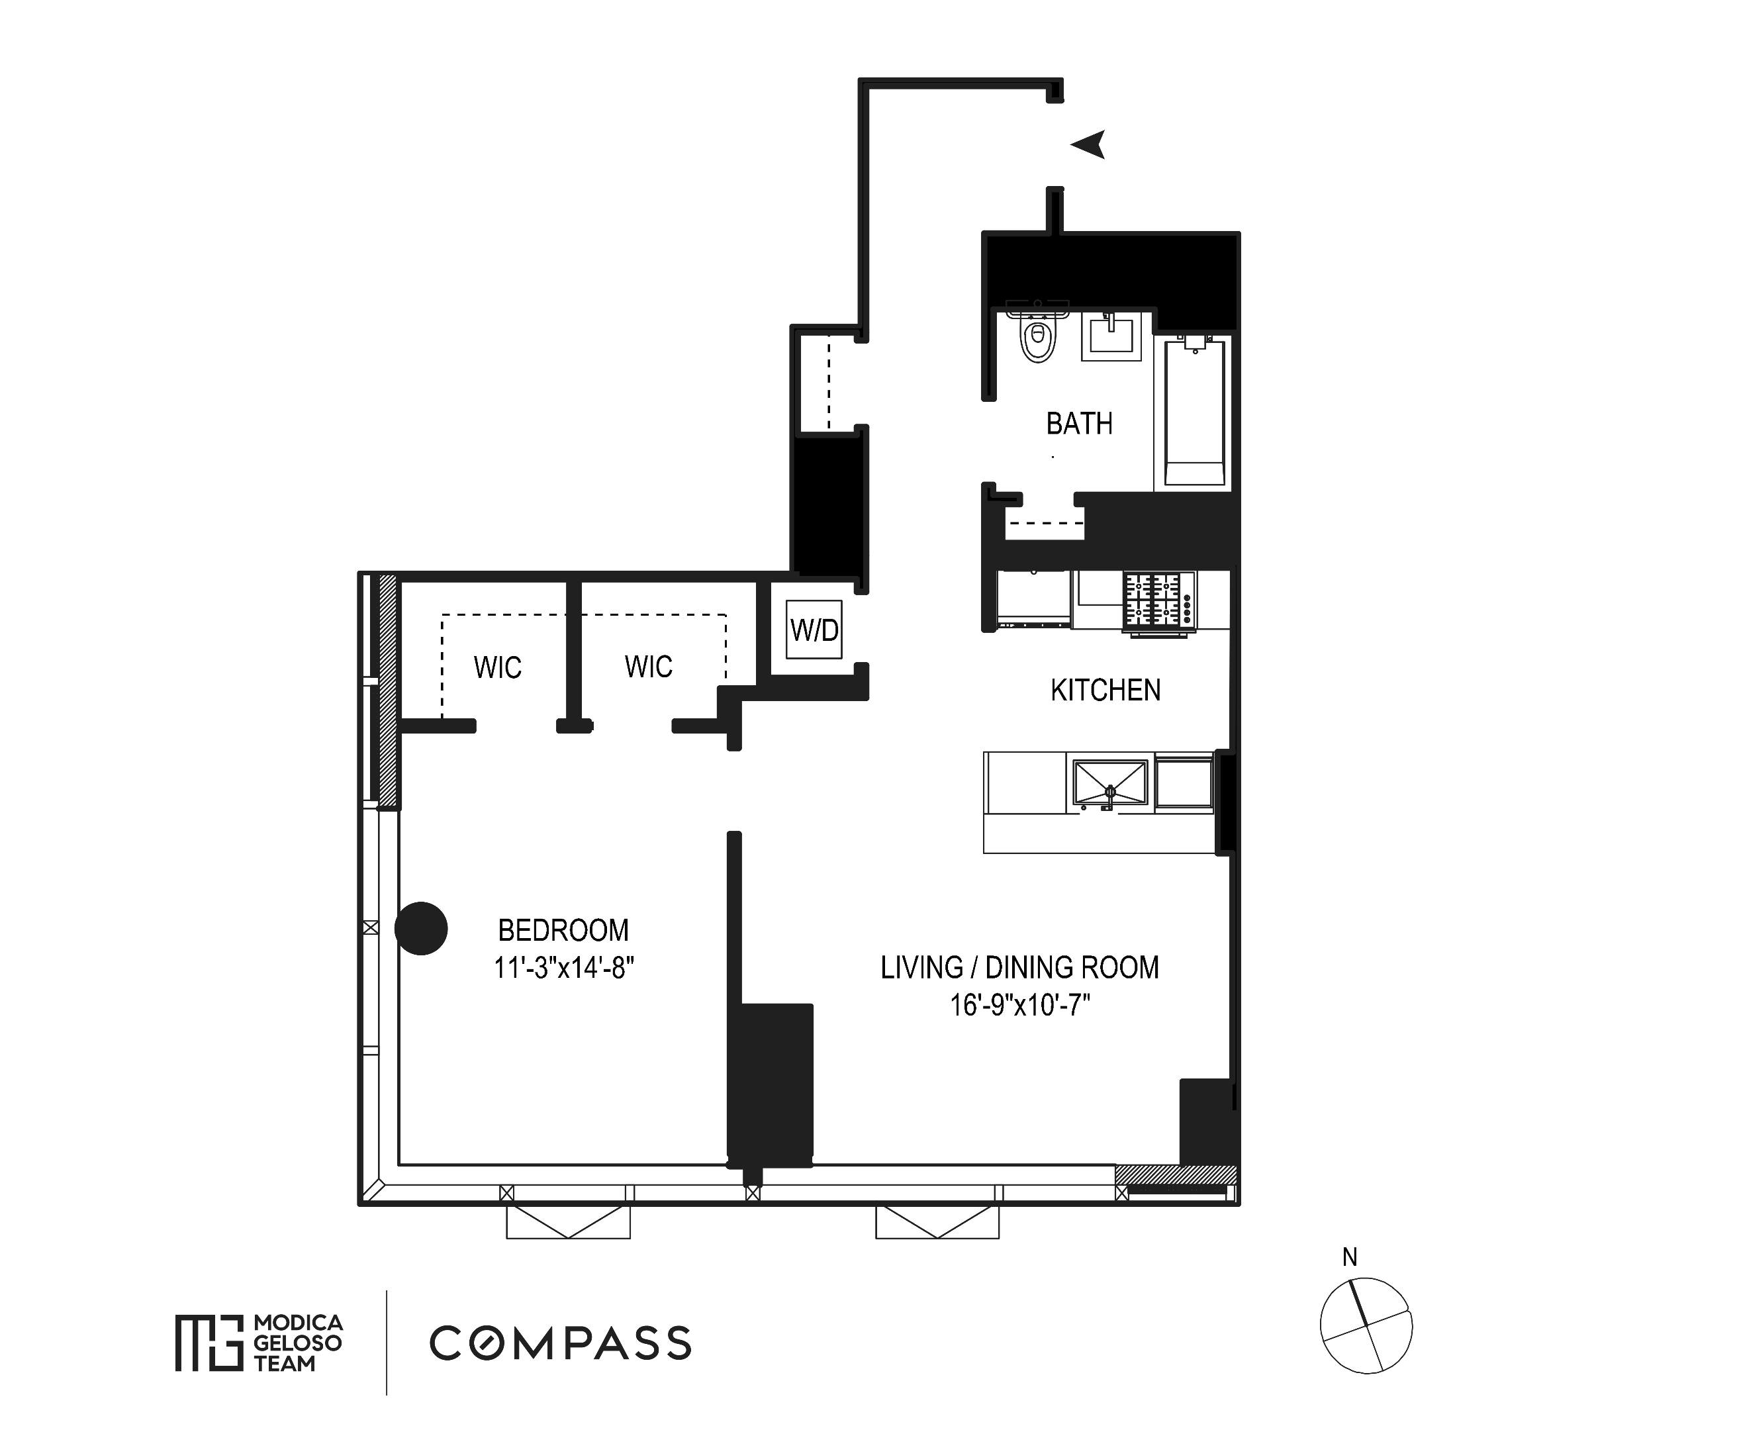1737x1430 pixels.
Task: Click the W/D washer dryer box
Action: point(814,630)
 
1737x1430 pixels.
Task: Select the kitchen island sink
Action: point(1109,783)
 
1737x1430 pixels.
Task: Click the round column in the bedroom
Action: point(421,928)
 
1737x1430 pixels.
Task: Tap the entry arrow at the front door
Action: point(1089,145)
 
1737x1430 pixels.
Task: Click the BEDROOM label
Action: point(563,931)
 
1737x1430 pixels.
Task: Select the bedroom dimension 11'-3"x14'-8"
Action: point(563,968)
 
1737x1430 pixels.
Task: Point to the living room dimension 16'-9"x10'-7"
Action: point(1019,1006)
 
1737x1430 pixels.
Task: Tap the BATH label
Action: point(1079,424)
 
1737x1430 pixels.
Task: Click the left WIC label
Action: point(497,667)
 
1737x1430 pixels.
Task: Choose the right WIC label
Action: point(648,667)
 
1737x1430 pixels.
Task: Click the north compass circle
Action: point(1366,1325)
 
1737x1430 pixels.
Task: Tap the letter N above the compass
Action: point(1349,1257)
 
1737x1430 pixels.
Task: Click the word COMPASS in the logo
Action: point(560,1343)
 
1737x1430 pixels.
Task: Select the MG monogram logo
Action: point(209,1343)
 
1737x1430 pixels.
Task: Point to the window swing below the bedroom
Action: point(568,1221)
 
